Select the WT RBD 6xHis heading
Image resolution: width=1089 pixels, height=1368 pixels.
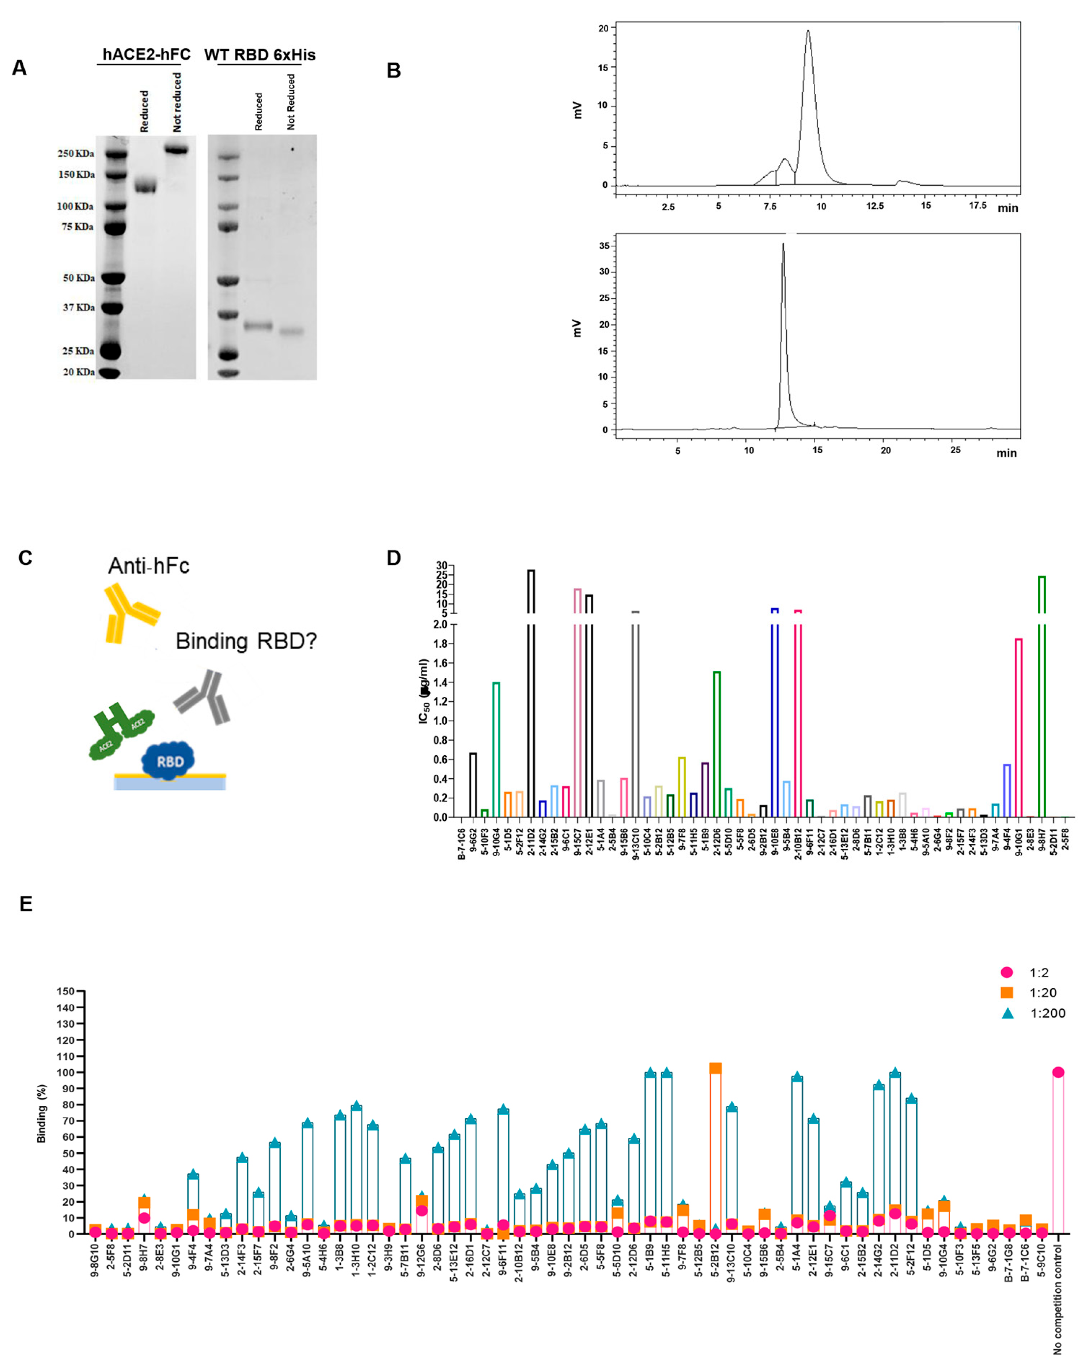pos(260,55)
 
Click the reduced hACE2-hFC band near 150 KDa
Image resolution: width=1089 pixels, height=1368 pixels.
pos(146,187)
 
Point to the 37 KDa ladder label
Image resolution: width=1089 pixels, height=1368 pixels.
pos(78,308)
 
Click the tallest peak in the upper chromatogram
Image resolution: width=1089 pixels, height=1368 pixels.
pos(808,32)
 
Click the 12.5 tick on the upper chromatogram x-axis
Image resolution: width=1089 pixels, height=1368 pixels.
pos(874,206)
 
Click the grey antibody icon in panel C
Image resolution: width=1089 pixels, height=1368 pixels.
pos(203,698)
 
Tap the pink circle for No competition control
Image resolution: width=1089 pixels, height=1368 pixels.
pos(1058,1072)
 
